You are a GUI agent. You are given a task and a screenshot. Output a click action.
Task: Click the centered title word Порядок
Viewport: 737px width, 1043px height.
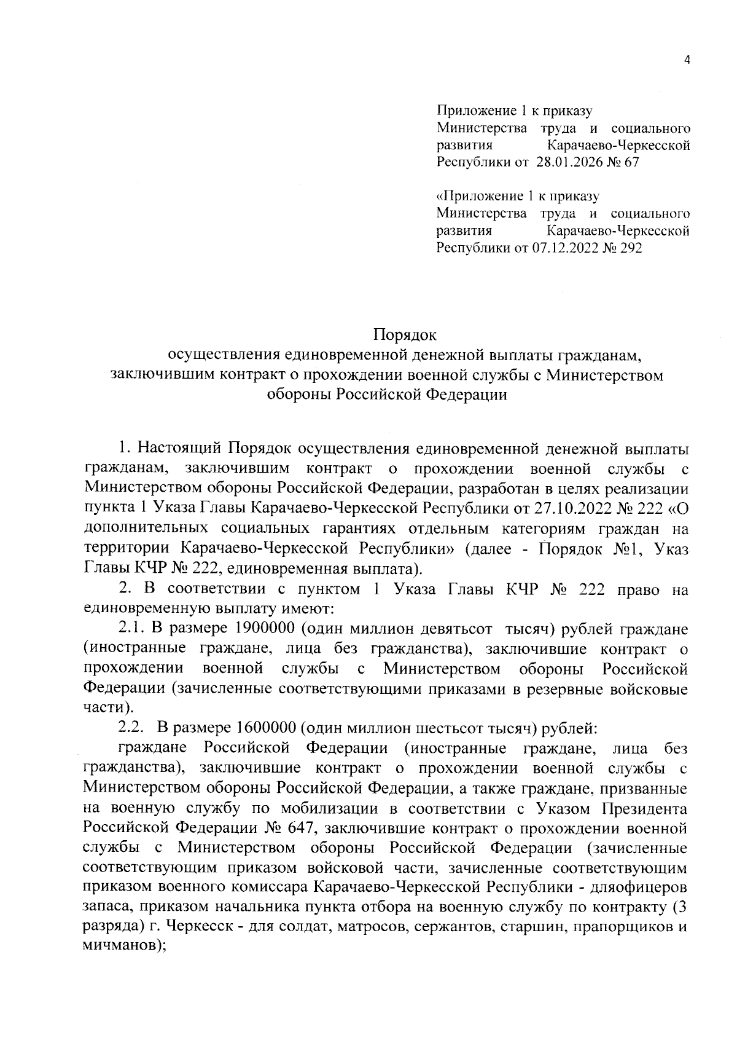pyautogui.click(x=405, y=336)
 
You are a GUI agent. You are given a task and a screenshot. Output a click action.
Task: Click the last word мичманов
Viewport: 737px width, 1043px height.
pyautogui.click(x=121, y=945)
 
